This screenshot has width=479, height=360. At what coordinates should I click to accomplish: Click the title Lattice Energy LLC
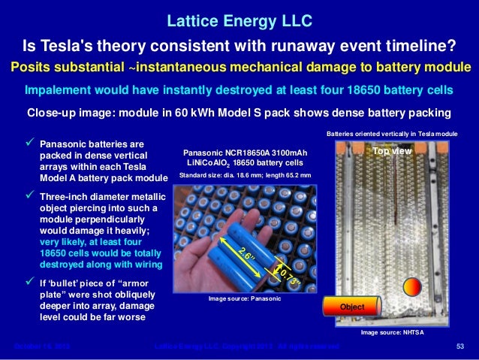tap(239, 17)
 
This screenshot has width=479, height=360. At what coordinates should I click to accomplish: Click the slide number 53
tap(461, 346)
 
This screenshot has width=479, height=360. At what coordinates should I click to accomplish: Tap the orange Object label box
tap(351, 307)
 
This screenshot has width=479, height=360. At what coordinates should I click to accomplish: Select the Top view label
tap(391, 151)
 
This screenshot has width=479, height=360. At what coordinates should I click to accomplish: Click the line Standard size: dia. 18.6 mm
tap(245, 175)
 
